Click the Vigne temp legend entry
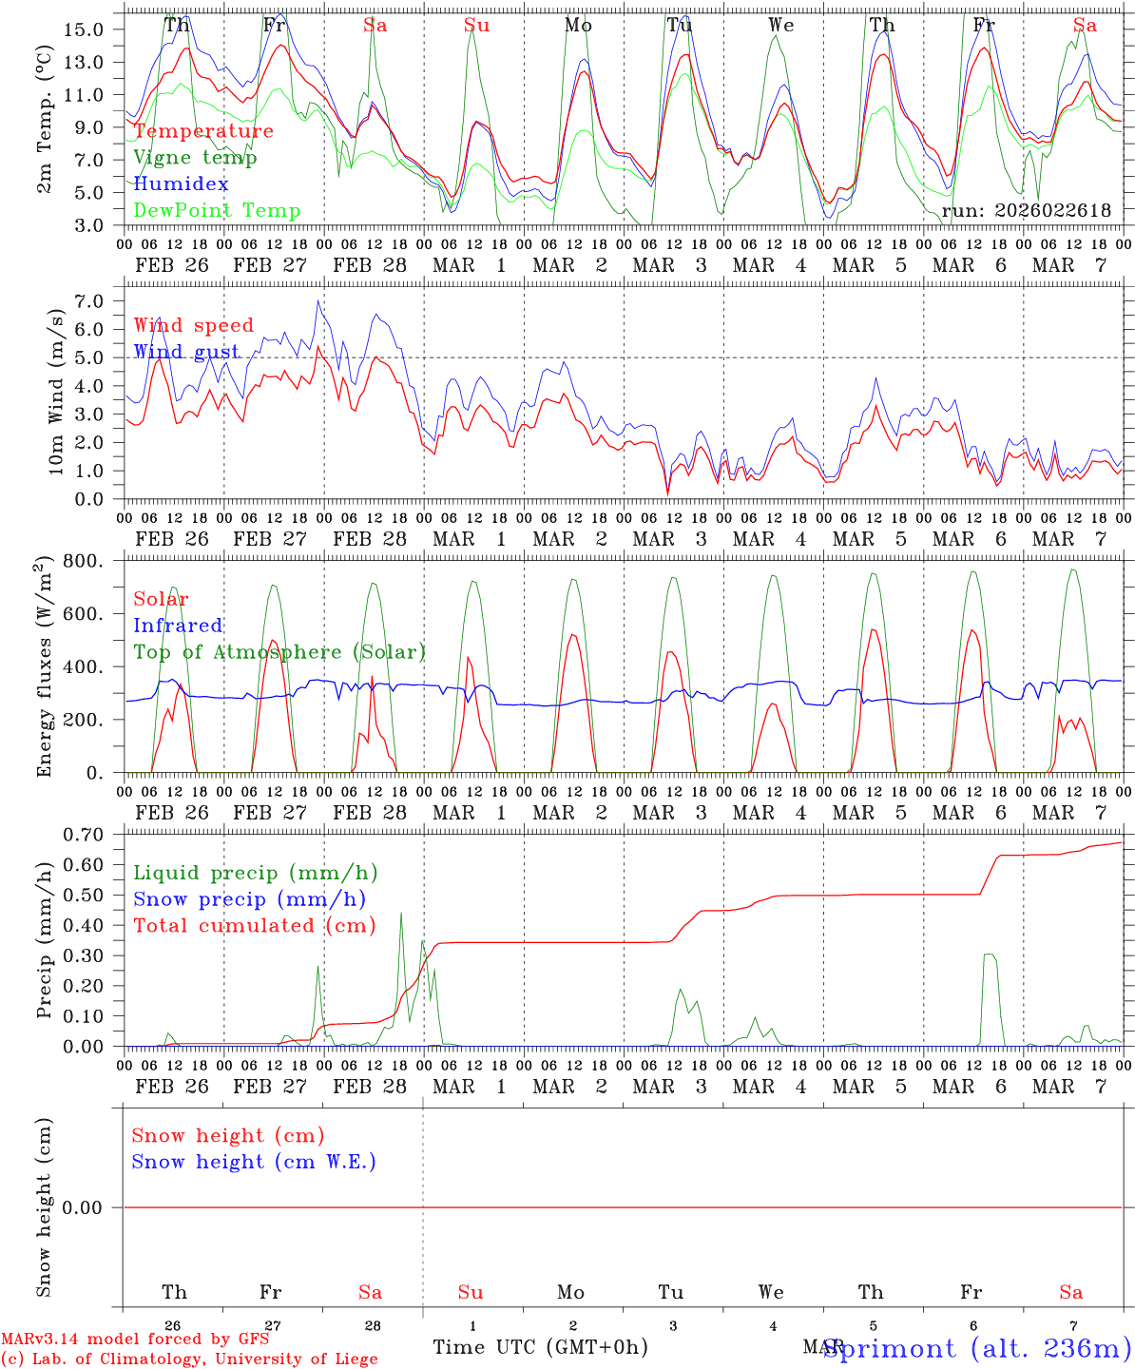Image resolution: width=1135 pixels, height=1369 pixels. [x=195, y=158]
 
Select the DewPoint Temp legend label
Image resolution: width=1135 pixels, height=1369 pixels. [x=217, y=211]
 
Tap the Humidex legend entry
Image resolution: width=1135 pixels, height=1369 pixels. [x=181, y=184]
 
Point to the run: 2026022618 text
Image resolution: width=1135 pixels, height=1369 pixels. [x=1027, y=211]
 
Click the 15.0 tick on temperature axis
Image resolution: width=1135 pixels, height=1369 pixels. [x=84, y=29]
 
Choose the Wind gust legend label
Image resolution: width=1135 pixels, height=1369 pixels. [x=186, y=352]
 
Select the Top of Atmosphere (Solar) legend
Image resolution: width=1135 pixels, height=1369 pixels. [x=279, y=652]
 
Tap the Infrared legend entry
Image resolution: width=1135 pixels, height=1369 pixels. [x=178, y=626]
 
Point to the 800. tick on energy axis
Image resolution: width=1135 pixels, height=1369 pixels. [x=84, y=562]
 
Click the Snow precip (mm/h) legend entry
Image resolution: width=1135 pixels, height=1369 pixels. [x=249, y=899]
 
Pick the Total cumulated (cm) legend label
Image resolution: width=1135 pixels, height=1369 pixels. [x=254, y=926]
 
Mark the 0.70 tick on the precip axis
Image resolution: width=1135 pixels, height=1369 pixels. [x=84, y=835]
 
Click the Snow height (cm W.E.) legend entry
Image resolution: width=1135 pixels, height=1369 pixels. [x=253, y=1162]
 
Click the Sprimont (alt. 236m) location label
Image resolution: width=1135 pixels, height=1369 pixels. [x=977, y=1348]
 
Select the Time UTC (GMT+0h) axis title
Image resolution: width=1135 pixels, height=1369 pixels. [x=540, y=1347]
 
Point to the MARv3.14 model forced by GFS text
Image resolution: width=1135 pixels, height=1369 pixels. [x=135, y=1340]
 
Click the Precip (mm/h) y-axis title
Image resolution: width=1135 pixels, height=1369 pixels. [x=45, y=941]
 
